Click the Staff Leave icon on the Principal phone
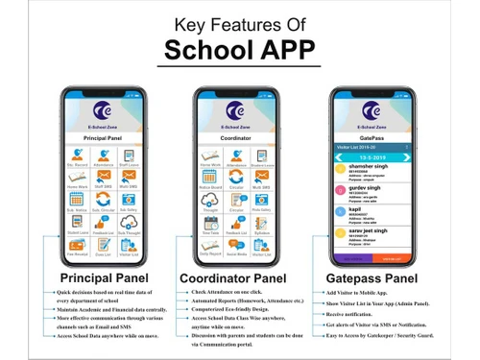click(x=127, y=158)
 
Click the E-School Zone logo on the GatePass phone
click(x=371, y=112)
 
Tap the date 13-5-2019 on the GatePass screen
click(x=371, y=156)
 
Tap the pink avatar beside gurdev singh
click(x=339, y=192)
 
